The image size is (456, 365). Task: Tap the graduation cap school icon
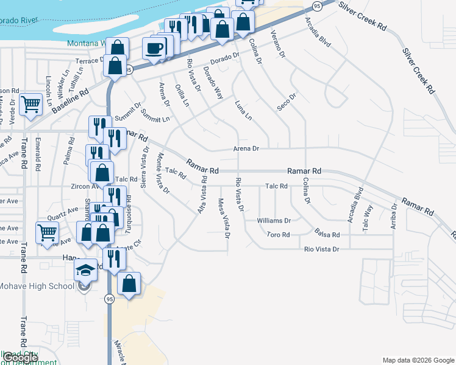86,269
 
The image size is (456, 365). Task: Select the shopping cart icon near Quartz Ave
47,232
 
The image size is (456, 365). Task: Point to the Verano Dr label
277,44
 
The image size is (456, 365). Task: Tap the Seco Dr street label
286,102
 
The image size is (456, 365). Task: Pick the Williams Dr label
274,220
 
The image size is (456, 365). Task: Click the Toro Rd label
277,234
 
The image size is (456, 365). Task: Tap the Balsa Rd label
327,234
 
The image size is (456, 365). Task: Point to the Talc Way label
367,217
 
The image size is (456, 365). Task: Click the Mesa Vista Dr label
224,219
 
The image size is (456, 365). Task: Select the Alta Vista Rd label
202,195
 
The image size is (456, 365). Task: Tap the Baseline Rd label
70,100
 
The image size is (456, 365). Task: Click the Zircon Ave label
83,186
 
